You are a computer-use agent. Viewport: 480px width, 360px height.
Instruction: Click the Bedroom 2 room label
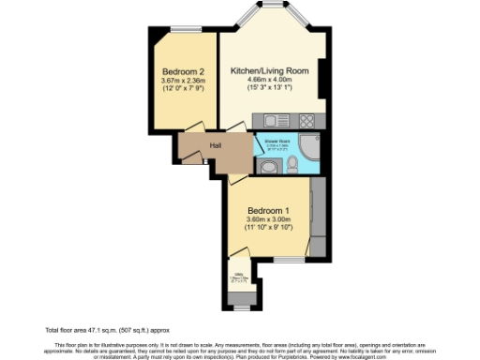pyautogui.click(x=182, y=72)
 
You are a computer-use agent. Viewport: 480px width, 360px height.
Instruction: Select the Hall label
pyautogui.click(x=215, y=145)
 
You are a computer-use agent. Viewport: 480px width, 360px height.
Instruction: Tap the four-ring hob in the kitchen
pyautogui.click(x=307, y=119)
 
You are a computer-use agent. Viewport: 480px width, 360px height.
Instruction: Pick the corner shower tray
pyautogui.click(x=309, y=148)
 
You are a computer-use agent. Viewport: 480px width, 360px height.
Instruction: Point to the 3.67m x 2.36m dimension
pyautogui.click(x=182, y=82)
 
